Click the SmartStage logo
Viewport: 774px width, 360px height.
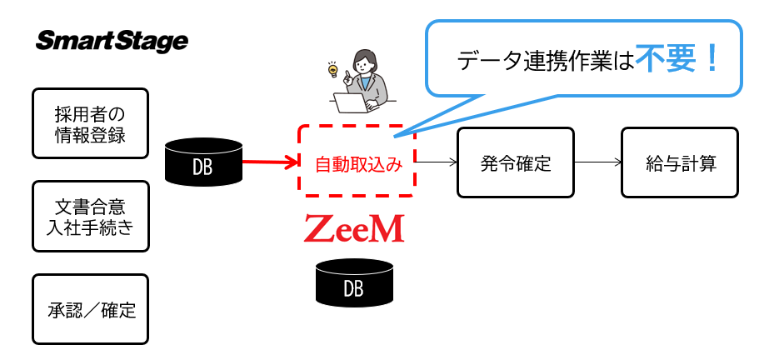click(x=112, y=41)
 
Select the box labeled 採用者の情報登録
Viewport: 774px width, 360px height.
click(x=90, y=123)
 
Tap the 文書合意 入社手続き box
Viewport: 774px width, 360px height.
click(x=90, y=217)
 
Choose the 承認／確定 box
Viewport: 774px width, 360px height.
click(x=90, y=310)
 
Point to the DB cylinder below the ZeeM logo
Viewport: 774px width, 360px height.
click(x=354, y=282)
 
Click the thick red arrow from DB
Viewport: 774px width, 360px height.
click(x=269, y=162)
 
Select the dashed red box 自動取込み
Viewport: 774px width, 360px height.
click(x=356, y=162)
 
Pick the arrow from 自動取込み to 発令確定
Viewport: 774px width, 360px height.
click(x=435, y=162)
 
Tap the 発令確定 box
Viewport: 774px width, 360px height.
click(x=515, y=162)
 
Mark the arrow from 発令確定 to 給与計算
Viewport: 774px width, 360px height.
click(x=597, y=162)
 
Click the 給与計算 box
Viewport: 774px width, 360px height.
click(x=680, y=162)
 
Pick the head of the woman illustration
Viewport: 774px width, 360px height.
click(x=366, y=61)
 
